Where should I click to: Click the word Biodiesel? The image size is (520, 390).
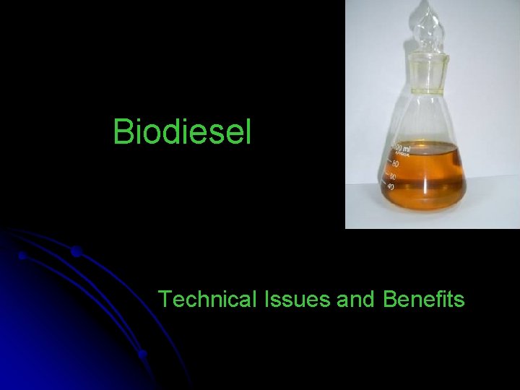(x=182, y=131)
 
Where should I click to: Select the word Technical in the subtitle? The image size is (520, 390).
(x=201, y=298)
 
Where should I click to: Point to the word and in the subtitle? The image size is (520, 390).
(x=353, y=298)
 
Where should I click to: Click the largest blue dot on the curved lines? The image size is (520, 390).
(x=76, y=252)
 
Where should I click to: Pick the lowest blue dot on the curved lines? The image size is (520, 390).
(x=143, y=354)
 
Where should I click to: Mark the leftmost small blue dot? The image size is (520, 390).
(x=23, y=256)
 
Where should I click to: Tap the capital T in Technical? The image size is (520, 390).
(x=164, y=298)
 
